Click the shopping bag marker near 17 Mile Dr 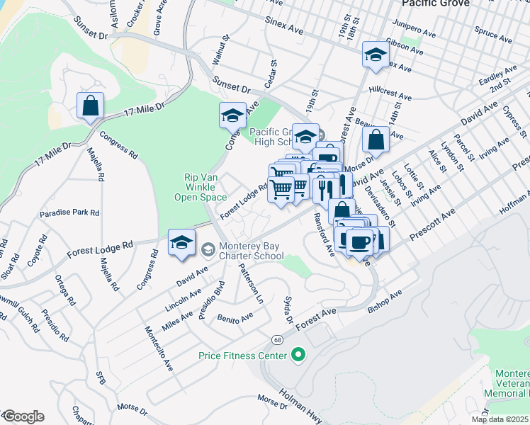(90, 106)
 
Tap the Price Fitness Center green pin (298, 354)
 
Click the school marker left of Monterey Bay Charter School (182, 243)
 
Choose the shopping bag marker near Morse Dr (376, 140)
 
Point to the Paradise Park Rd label (69, 212)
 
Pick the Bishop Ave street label (385, 300)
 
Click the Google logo (23, 416)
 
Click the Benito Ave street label (235, 318)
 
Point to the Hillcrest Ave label (390, 95)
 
